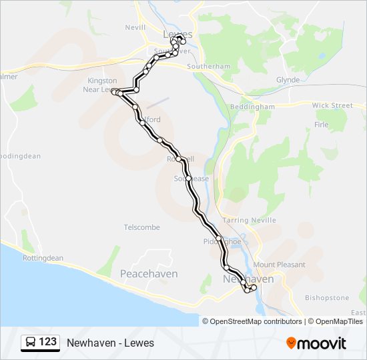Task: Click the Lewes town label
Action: pos(177,34)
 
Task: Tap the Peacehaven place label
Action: pos(148,274)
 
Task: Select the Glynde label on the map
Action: pos(288,80)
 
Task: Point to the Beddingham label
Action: pos(252,107)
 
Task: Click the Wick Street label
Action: pos(332,105)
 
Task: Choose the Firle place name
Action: pos(321,125)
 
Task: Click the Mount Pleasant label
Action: pos(279,265)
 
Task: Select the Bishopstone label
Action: pos(326,297)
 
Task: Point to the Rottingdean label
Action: pos(43,258)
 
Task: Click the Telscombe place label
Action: pos(141,227)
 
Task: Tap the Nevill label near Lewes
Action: pos(135,27)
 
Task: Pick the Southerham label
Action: pos(208,67)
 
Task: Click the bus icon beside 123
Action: pos(31,343)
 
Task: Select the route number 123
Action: pos(48,343)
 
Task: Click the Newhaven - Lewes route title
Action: pos(110,343)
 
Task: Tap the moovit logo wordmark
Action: pos(322,343)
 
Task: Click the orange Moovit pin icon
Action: pos(291,343)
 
